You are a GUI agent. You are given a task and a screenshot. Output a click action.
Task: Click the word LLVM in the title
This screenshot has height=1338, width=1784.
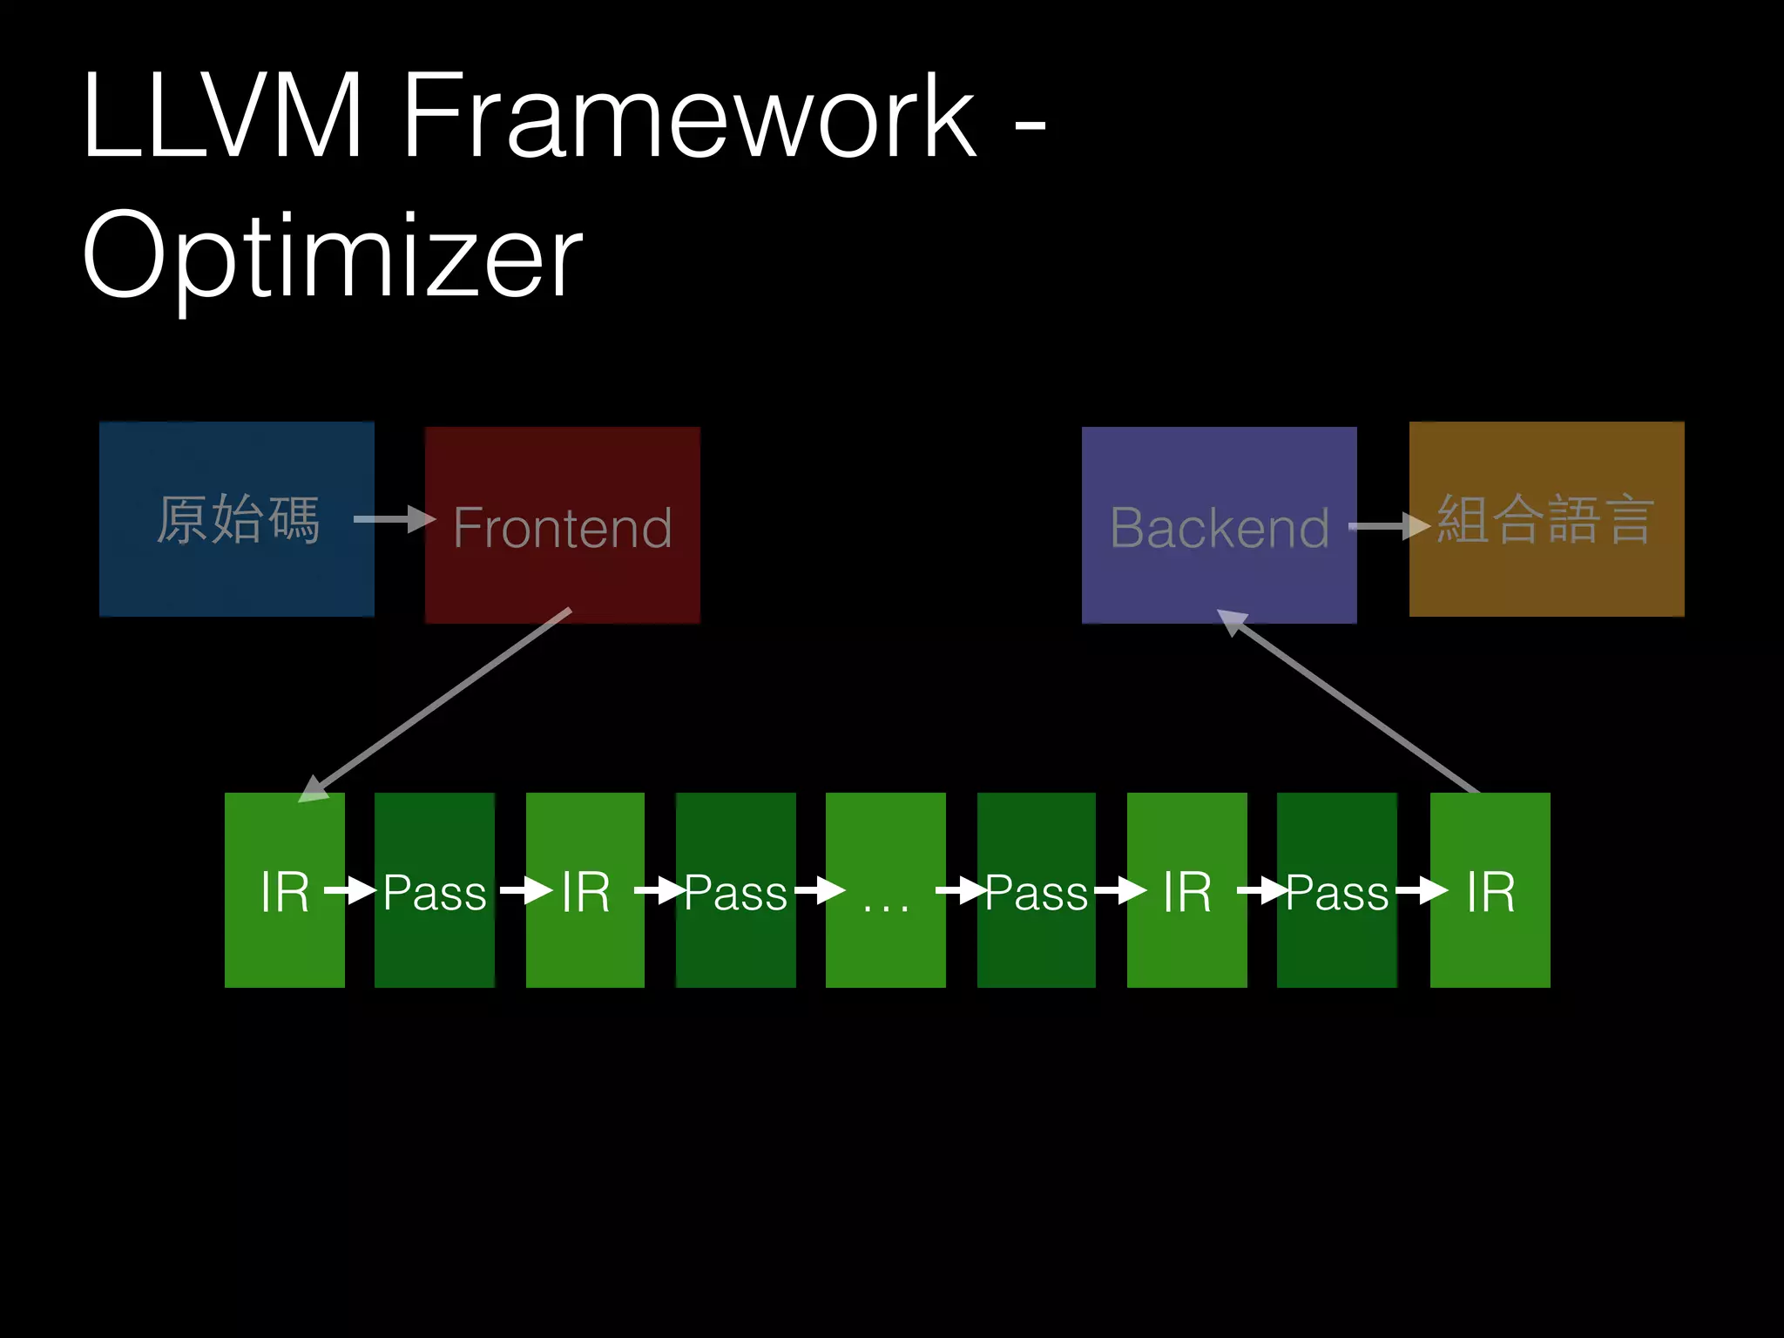coord(221,116)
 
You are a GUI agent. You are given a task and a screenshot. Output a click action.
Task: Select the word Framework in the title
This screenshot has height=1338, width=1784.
coord(689,116)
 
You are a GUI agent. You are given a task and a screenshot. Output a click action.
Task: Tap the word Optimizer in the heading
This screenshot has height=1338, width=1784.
coord(332,256)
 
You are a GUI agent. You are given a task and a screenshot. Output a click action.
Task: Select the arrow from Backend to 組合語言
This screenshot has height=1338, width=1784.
coord(1389,526)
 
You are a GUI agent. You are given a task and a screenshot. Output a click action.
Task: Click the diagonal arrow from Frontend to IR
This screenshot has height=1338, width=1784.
coord(436,702)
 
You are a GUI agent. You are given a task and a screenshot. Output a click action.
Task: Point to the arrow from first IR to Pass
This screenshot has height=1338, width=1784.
coord(350,891)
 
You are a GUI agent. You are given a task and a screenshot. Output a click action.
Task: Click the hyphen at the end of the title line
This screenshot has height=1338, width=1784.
coord(1030,128)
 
